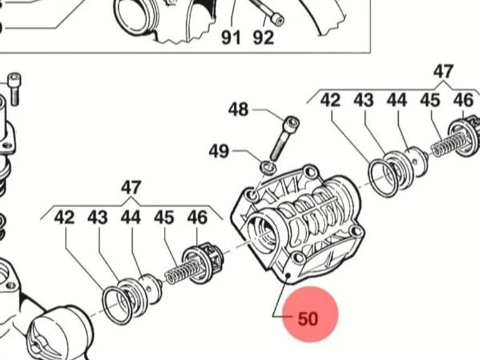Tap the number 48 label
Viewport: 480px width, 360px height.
(x=238, y=109)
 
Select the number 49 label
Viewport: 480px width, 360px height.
(x=219, y=151)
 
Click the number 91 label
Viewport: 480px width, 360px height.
(x=231, y=37)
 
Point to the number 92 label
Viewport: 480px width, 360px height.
(x=263, y=37)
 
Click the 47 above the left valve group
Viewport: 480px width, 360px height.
(x=131, y=187)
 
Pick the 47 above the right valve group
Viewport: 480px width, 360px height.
(x=443, y=71)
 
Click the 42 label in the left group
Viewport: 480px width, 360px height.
(x=64, y=217)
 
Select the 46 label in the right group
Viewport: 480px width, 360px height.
(x=463, y=100)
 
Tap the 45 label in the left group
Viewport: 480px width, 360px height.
(x=164, y=217)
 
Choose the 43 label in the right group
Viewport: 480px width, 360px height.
(x=364, y=100)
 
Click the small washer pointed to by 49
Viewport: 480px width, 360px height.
(x=268, y=167)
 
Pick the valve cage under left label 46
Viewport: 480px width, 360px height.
(x=202, y=263)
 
